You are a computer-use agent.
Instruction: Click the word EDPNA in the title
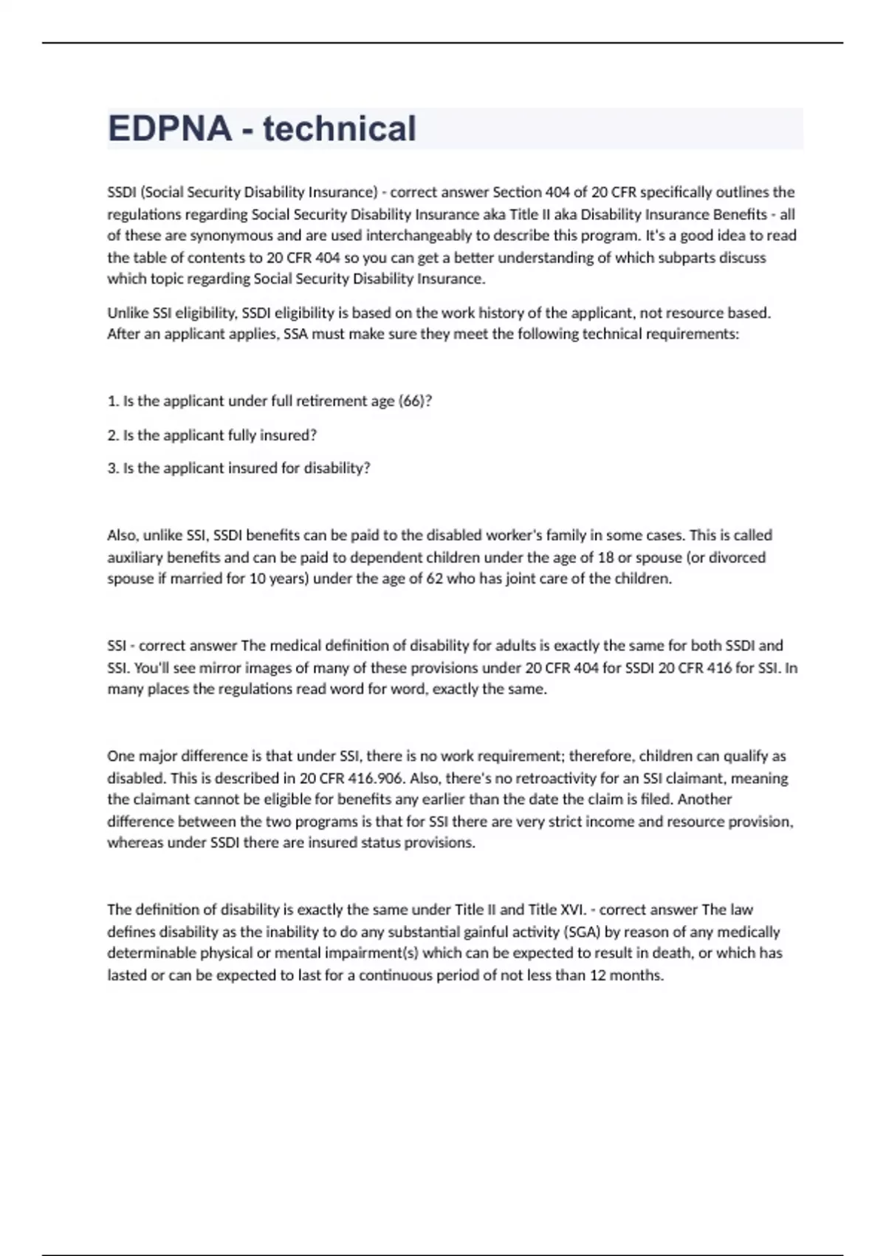170,129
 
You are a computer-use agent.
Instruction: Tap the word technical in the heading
340,129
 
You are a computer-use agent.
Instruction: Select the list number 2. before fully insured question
113,436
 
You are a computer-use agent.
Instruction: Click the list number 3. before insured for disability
113,468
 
